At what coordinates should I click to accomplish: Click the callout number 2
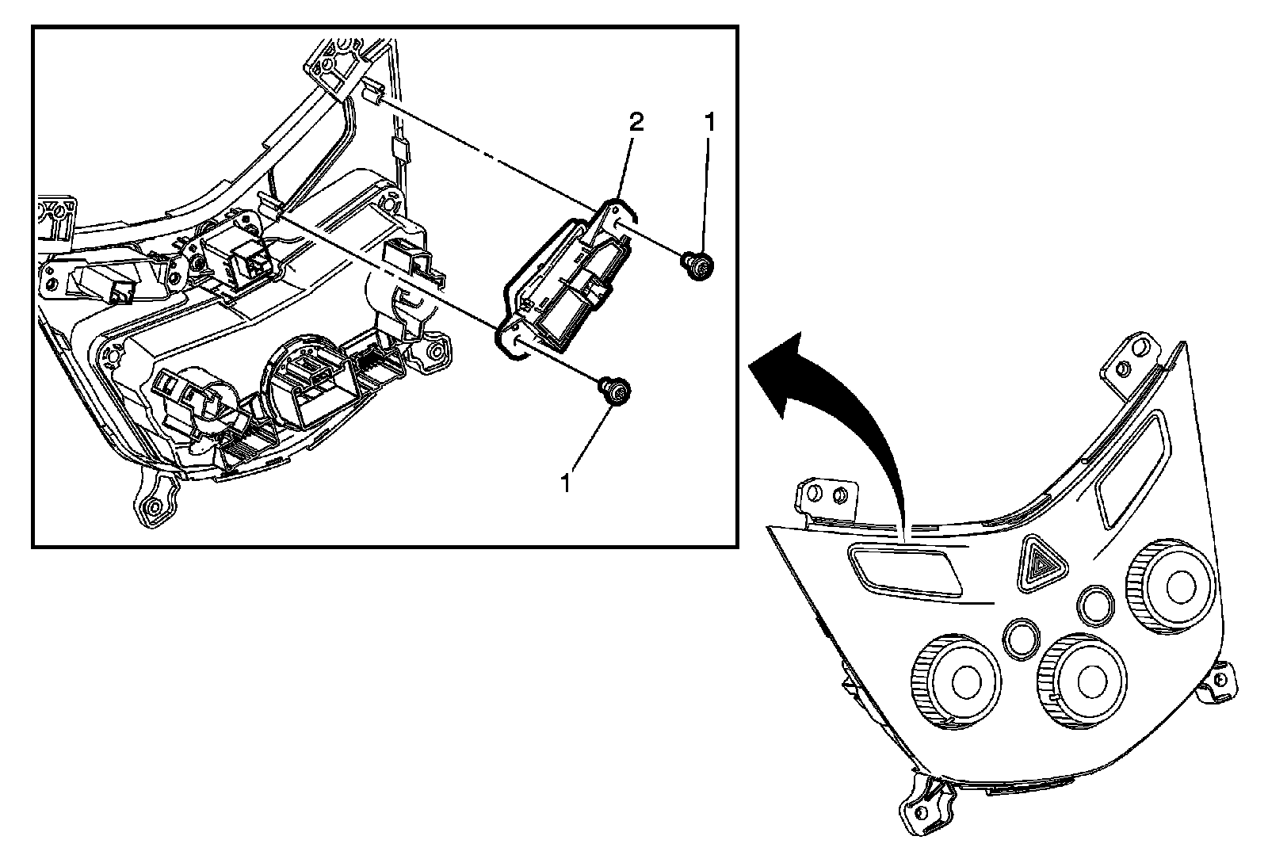[636, 122]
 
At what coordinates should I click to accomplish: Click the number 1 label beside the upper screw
[710, 122]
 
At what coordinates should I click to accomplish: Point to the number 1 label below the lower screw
[566, 483]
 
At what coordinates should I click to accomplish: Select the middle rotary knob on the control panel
[1081, 678]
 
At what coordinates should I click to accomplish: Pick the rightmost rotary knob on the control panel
[1169, 586]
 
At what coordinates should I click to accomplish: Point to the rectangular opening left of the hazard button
[903, 570]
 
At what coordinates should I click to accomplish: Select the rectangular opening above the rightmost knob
[1130, 471]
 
